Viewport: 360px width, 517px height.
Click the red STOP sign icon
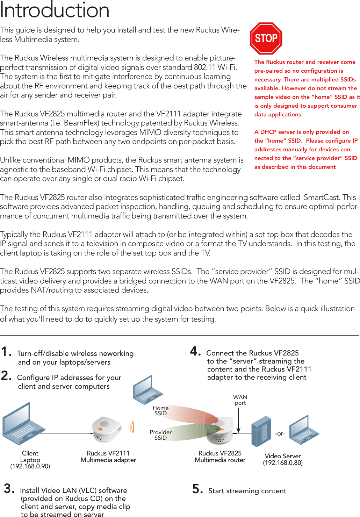pos(266,38)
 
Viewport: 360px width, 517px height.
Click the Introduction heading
pos(55,10)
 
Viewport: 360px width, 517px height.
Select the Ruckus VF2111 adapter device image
pos(106,429)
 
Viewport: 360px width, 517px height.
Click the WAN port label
pos(240,400)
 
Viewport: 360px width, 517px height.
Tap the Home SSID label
pos(160,411)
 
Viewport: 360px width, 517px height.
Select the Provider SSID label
pos(160,435)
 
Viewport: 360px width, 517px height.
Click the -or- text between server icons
pos(280,433)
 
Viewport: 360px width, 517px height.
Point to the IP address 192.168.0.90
pos(30,466)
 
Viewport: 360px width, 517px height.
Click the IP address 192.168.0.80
pos(283,463)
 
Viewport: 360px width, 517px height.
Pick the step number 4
pos(195,351)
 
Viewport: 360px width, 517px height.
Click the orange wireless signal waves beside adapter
pos(131,427)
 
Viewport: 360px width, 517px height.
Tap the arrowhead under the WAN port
pos(238,430)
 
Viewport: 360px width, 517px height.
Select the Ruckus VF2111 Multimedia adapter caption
pos(108,457)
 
